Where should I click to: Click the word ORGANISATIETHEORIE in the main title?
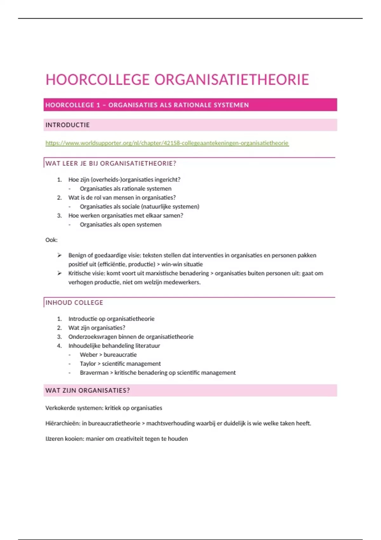click(x=231, y=80)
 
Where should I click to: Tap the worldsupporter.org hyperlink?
click(x=167, y=143)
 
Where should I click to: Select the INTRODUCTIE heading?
click(x=68, y=125)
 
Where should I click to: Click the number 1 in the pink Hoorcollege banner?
click(x=98, y=105)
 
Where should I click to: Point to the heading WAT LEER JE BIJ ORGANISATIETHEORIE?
click(x=111, y=164)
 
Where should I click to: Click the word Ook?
click(x=51, y=240)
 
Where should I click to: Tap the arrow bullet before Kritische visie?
click(x=59, y=273)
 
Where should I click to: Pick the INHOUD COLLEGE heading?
click(x=74, y=303)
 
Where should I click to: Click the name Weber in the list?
click(x=89, y=355)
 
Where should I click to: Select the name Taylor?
click(x=88, y=364)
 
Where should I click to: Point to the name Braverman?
click(x=94, y=373)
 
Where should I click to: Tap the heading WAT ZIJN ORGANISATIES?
click(x=88, y=391)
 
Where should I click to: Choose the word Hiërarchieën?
click(x=63, y=423)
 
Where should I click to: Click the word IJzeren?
click(x=54, y=439)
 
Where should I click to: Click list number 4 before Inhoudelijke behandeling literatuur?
click(x=59, y=346)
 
